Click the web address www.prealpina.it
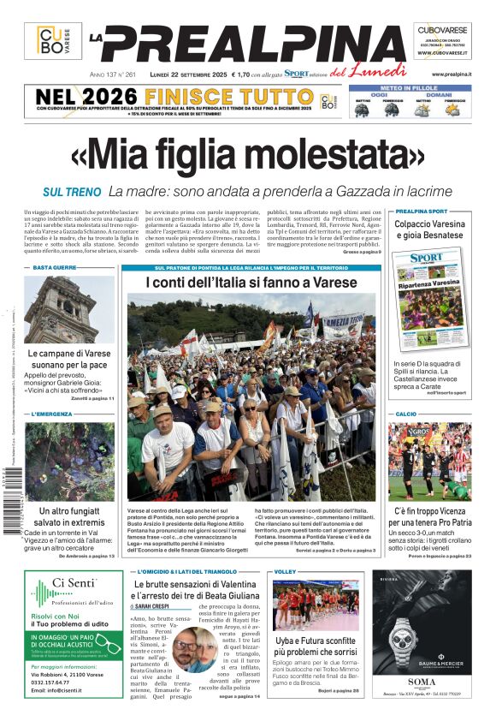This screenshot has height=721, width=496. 452,74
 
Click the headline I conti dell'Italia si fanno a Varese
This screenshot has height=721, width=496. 251,283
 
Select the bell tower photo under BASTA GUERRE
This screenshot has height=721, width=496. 68,309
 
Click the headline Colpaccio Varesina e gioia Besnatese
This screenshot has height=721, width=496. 429,229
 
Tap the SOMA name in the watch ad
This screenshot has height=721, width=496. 421,682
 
